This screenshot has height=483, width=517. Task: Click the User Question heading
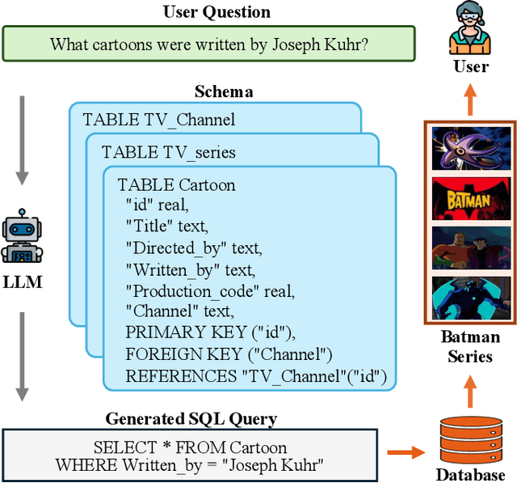click(x=216, y=11)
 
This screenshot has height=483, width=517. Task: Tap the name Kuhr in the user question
click(x=347, y=44)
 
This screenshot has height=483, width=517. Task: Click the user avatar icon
click(x=470, y=26)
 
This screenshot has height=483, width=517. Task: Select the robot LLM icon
click(x=22, y=237)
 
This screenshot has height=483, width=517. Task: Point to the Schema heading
click(x=224, y=91)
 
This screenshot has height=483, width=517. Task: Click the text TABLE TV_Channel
click(x=158, y=120)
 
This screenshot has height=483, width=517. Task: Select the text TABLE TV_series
click(x=169, y=152)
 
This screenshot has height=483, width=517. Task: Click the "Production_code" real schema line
click(x=210, y=290)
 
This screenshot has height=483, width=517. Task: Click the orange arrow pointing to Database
click(x=408, y=452)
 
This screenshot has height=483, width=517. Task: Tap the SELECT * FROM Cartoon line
click(x=190, y=447)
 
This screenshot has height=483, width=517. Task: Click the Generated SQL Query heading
click(x=191, y=418)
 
